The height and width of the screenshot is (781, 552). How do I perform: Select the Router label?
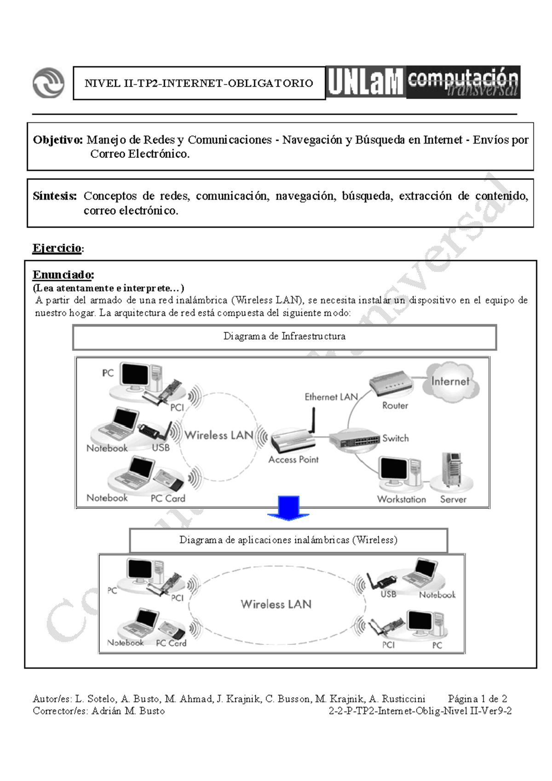point(395,406)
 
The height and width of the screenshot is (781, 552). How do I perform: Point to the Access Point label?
point(293,459)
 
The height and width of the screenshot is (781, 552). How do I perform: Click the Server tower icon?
point(451,470)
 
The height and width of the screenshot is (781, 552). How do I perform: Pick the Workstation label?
point(402,499)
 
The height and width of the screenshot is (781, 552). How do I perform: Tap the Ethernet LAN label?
point(331,396)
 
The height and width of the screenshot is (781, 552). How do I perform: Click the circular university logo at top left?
point(48,83)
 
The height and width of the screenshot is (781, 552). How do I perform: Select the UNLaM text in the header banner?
point(366,83)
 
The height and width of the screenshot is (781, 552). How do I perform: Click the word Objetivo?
point(57,140)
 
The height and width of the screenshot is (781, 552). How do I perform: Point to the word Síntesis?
point(54,196)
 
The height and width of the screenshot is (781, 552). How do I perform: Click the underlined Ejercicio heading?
point(57,248)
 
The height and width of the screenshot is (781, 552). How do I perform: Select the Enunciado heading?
point(63,275)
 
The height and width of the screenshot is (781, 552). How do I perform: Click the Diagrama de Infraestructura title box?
point(284,337)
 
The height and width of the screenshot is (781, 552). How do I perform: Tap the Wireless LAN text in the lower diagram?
point(276,604)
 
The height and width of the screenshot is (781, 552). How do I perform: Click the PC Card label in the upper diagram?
point(168,499)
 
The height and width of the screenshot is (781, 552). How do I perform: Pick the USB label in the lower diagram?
point(388,594)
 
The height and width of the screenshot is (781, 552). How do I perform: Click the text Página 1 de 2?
point(477,699)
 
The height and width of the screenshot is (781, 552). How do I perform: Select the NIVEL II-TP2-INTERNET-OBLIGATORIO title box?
point(199,83)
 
